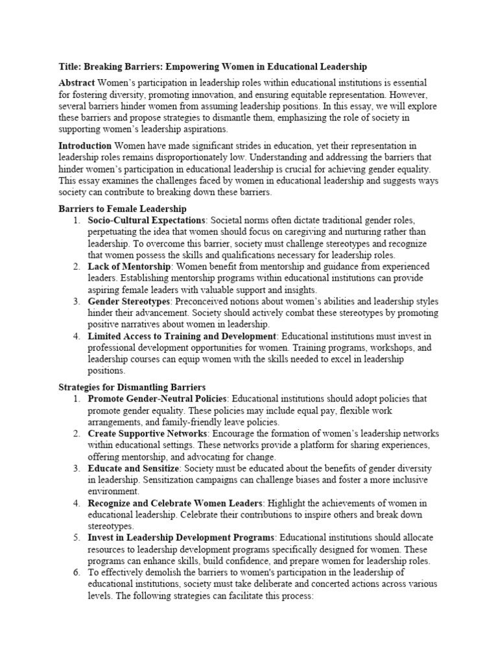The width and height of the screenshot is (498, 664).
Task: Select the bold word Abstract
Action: click(x=77, y=83)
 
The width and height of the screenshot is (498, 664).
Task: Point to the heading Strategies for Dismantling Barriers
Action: click(x=132, y=387)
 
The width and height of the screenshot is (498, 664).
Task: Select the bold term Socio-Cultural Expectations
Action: click(x=146, y=220)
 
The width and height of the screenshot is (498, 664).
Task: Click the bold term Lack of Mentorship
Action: click(x=129, y=267)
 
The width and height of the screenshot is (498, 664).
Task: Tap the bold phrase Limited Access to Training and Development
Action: click(x=182, y=337)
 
